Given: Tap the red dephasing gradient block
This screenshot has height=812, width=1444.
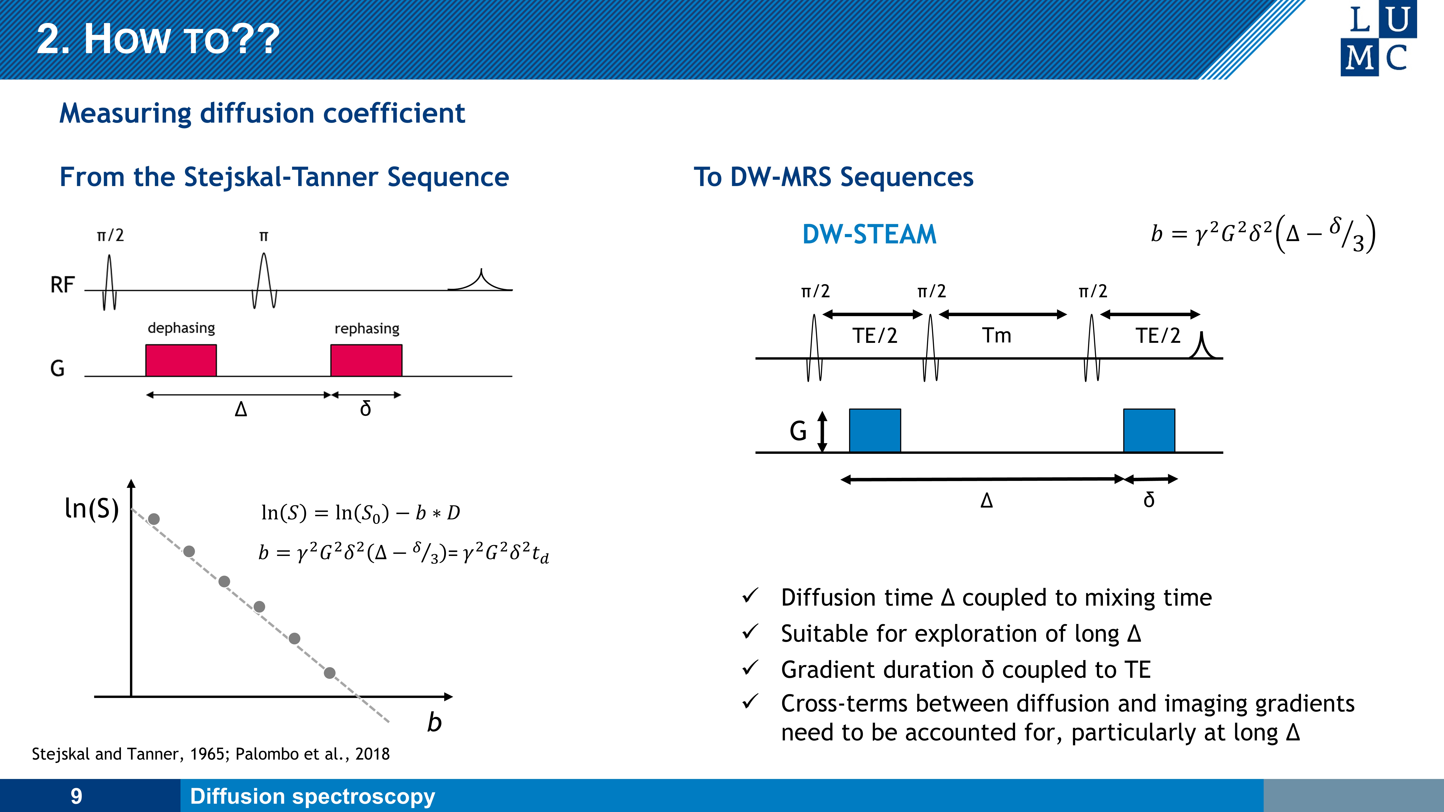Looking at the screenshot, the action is pos(181,360).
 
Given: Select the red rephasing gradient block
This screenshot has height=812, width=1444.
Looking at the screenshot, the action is pos(366,360).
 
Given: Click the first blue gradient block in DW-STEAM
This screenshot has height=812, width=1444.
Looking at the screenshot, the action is pos(875,430).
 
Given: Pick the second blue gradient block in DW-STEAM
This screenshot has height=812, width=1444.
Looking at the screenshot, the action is pos(1149,430).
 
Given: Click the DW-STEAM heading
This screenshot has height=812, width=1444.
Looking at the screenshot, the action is pos(869,234).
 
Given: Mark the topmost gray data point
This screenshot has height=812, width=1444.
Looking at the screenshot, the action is pos(154,519).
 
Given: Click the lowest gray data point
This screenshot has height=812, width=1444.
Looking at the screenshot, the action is pos(330,673).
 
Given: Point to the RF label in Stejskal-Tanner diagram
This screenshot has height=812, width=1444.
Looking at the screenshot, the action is pos(62,285).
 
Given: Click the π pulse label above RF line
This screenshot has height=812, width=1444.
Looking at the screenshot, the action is pos(264,236).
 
